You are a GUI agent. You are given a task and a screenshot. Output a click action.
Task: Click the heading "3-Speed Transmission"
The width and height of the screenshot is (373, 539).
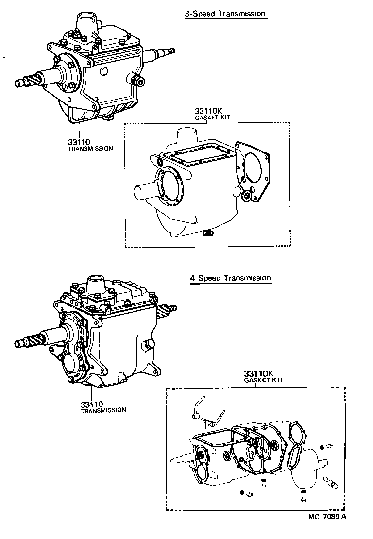coord(225,14)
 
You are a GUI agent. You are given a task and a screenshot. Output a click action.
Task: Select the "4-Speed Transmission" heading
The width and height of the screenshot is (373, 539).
coord(230,278)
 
